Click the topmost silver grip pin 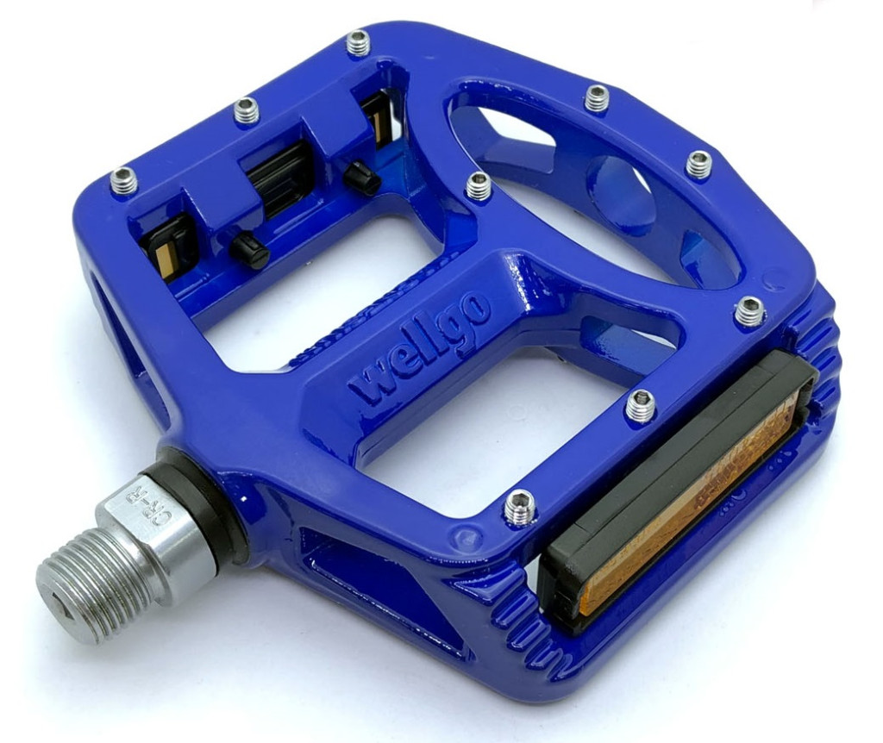(358, 44)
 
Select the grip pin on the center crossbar (479, 186)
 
